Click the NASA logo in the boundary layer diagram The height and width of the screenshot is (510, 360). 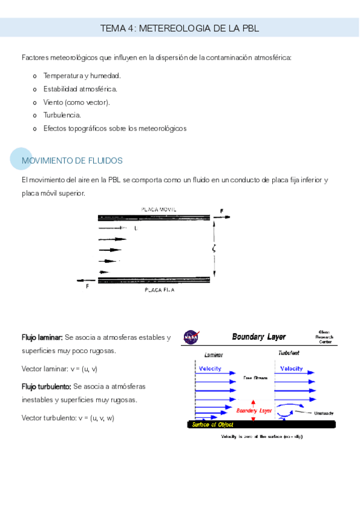coord(191,337)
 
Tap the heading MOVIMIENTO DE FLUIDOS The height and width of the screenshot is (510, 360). coord(72,161)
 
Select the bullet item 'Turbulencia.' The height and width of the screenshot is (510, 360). coord(62,115)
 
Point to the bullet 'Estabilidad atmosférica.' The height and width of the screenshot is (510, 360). coord(80,89)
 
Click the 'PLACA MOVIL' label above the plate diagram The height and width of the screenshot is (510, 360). coord(159,209)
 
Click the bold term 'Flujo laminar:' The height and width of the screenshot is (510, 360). coord(41,337)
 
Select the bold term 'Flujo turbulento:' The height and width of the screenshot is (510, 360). coord(46,386)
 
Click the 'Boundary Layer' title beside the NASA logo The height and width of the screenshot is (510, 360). coord(259,337)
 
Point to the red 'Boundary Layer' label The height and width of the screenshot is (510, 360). coord(254,411)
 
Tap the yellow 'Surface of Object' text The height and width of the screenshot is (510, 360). coord(215,424)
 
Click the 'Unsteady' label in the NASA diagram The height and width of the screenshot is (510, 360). coord(323,413)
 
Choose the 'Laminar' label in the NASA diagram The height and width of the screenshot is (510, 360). coord(213,355)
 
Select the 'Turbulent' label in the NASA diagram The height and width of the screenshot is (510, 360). coord(288,353)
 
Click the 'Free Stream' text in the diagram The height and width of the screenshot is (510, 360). coord(255,378)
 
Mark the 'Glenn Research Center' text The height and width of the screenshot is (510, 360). coord(323,337)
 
